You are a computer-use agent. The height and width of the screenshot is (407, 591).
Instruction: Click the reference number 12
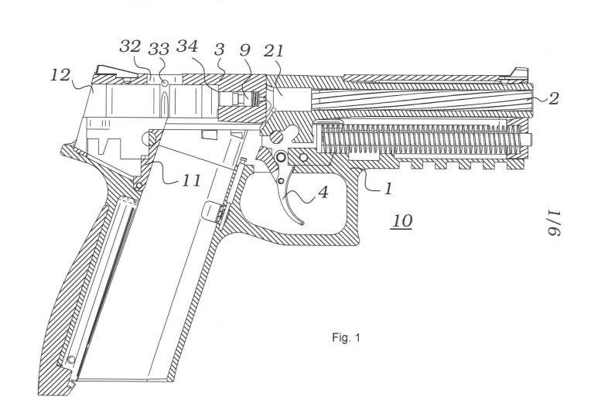pos(60,75)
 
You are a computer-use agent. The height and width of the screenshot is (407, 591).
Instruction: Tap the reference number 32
pos(130,46)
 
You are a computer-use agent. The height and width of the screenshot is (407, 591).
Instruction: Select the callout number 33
pos(159,49)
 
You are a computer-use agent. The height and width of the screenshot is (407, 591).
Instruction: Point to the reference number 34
pos(187,46)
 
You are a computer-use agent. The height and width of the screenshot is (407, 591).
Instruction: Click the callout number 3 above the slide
pos(219,50)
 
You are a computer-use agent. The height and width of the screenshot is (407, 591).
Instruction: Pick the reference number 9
pos(245,50)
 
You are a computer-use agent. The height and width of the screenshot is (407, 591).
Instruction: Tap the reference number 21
pos(273,50)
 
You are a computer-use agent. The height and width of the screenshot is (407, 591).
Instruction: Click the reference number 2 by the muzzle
pos(553,99)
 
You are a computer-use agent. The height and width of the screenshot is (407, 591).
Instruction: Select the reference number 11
pos(192,180)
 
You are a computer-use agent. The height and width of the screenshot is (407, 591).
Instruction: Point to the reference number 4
pos(323,193)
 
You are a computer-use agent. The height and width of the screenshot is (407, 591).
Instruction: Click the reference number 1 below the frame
pos(388,188)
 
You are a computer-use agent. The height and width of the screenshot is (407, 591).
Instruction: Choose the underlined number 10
pos(401,221)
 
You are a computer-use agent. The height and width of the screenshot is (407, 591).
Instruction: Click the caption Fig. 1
pos(346,337)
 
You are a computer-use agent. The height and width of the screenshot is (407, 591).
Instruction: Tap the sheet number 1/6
pos(555,222)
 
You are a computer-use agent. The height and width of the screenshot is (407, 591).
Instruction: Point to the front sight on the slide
pos(520,73)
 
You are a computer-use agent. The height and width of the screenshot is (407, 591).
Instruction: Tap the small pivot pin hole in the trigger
pos(281,181)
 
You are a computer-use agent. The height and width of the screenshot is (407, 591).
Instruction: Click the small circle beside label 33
pos(164,83)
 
